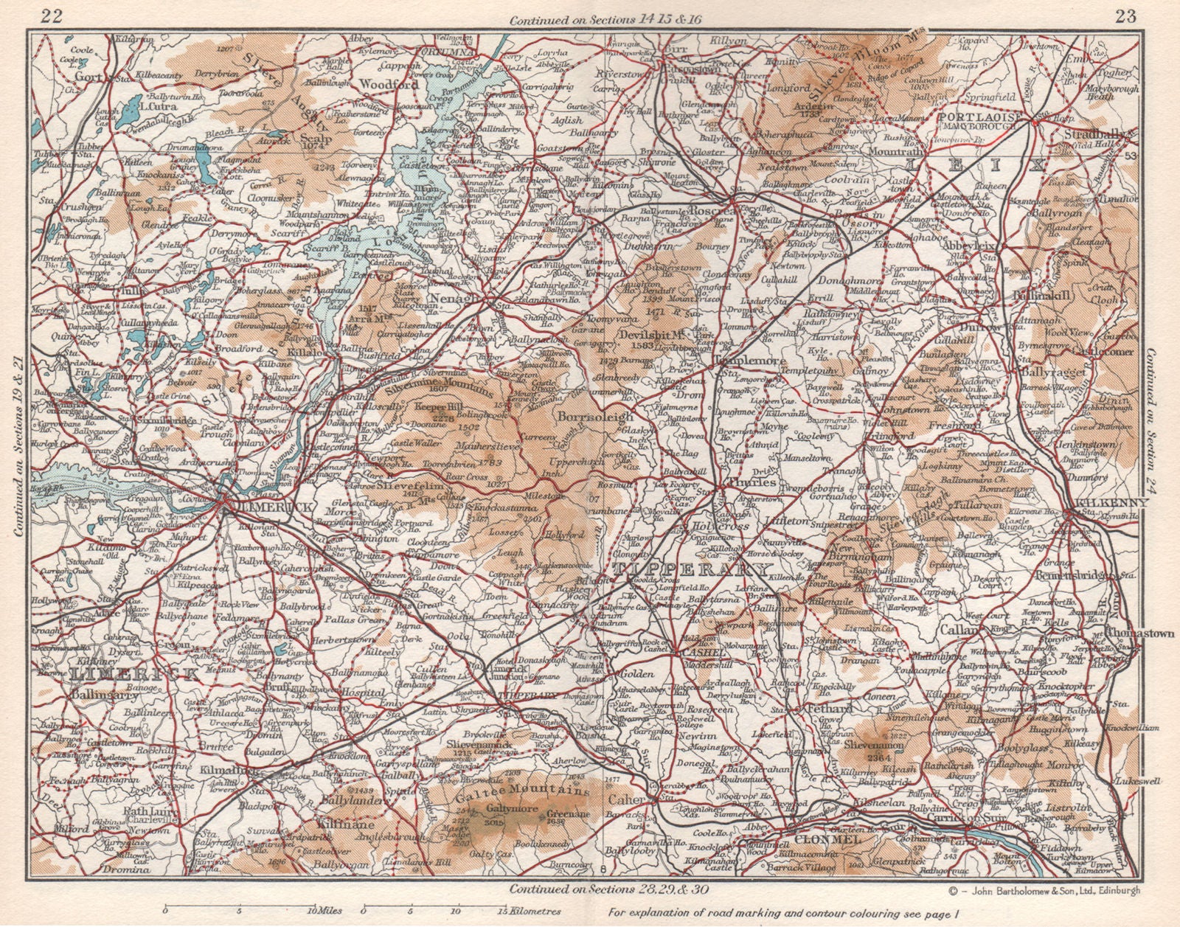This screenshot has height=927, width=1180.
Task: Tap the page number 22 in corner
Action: (x=51, y=15)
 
